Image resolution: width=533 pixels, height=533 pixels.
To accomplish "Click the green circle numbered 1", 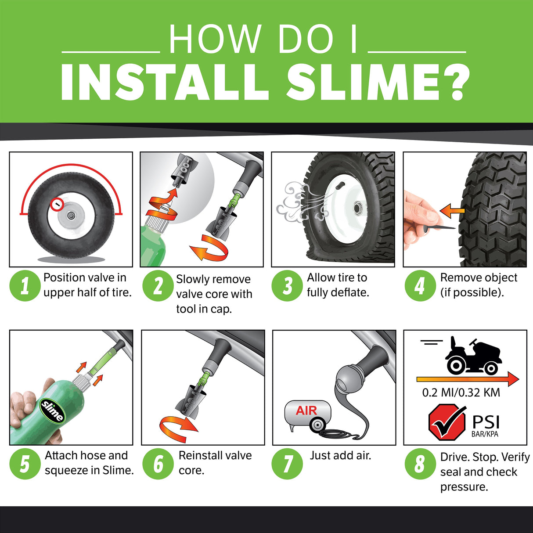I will pyautogui.click(x=25, y=285).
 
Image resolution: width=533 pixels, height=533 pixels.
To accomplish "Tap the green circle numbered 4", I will pyautogui.click(x=420, y=285).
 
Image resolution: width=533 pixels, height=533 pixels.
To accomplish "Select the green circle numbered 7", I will pyautogui.click(x=287, y=464).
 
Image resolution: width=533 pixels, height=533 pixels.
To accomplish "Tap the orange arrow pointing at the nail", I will pyautogui.click(x=452, y=211).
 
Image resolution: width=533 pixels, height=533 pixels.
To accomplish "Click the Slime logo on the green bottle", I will pyautogui.click(x=52, y=411).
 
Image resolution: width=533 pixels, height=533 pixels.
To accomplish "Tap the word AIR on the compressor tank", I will pyautogui.click(x=306, y=411).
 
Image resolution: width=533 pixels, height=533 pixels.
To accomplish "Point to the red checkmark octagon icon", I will pyautogui.click(x=447, y=422).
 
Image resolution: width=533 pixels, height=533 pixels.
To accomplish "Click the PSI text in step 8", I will pyautogui.click(x=486, y=422).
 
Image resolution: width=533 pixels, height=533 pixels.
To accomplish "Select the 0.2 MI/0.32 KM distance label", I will pyautogui.click(x=461, y=393).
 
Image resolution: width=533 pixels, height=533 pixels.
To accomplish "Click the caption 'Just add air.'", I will pyautogui.click(x=340, y=456).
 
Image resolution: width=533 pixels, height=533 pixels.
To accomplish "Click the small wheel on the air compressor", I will pyautogui.click(x=317, y=425).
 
